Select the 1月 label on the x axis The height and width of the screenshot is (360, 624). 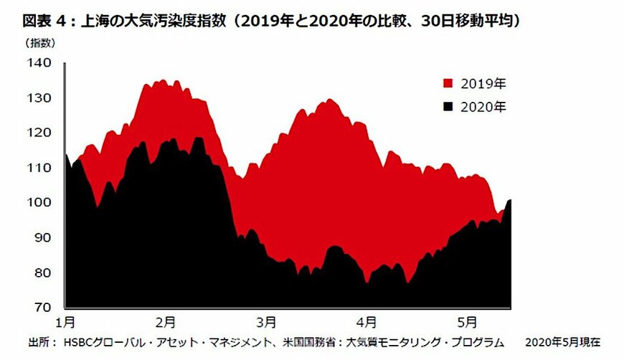[65, 320]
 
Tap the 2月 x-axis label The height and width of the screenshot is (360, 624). [166, 320]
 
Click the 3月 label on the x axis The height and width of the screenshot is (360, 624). [266, 320]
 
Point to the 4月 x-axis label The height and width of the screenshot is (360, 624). [367, 320]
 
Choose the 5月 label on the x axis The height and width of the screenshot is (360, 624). [467, 320]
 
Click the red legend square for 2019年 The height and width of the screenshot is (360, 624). [449, 83]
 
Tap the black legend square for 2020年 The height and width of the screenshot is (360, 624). [449, 107]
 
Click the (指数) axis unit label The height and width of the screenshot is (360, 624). [40, 42]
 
